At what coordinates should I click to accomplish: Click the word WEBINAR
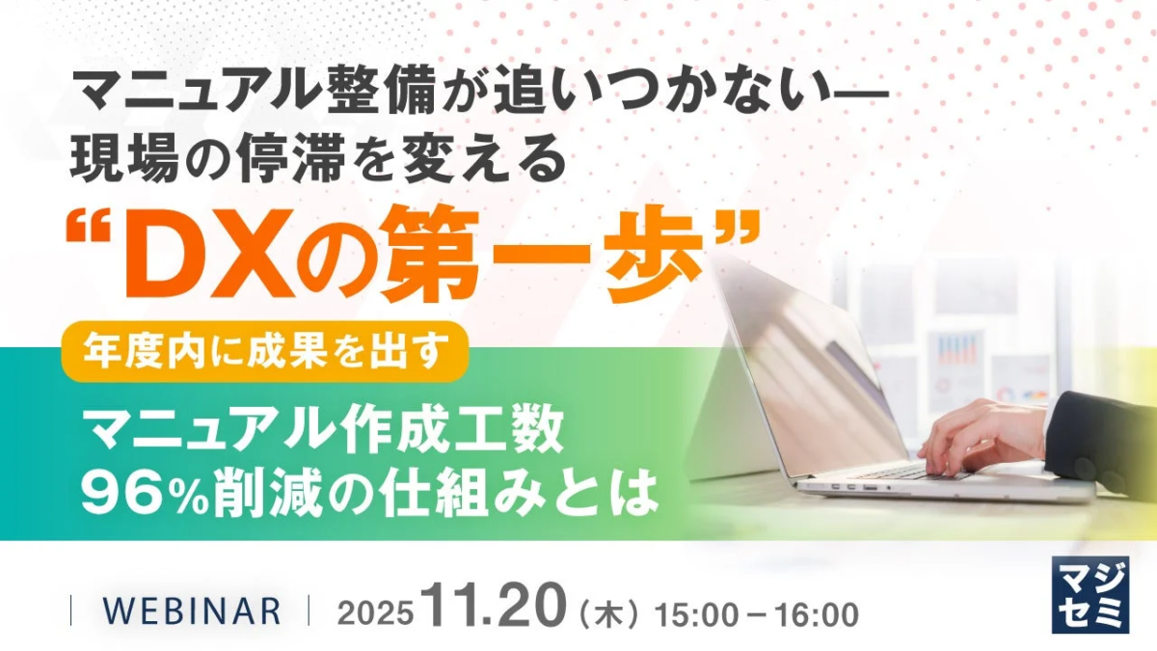point(191,610)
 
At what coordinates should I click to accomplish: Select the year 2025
point(375,613)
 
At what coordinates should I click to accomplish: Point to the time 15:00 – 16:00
point(756,613)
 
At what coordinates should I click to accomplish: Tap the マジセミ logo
point(1090,594)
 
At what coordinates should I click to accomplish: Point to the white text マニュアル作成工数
point(324,433)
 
